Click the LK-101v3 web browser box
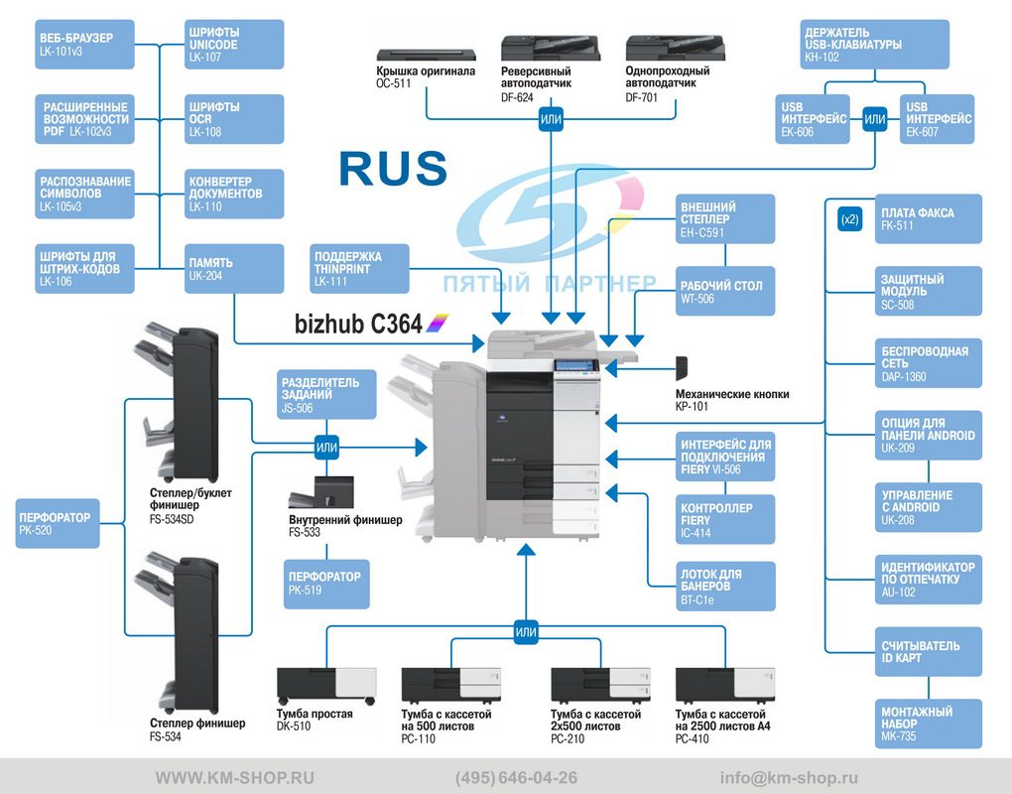click(84, 44)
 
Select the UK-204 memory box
click(234, 269)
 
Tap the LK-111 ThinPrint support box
click(359, 269)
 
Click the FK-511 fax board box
click(928, 218)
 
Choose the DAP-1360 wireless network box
click(928, 363)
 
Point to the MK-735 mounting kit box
click(928, 724)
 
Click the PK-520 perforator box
click(58, 523)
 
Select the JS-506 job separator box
click(326, 394)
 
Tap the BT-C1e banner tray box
click(725, 587)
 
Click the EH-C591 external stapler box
click(725, 218)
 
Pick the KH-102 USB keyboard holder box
click(874, 44)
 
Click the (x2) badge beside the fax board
click(850, 219)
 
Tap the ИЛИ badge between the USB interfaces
click(874, 119)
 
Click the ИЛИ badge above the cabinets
click(526, 632)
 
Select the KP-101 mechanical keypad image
click(682, 368)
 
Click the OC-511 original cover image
click(426, 55)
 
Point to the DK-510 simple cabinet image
click(326, 686)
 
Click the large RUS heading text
click(393, 169)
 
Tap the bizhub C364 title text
click(359, 324)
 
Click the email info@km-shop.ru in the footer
click(789, 778)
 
